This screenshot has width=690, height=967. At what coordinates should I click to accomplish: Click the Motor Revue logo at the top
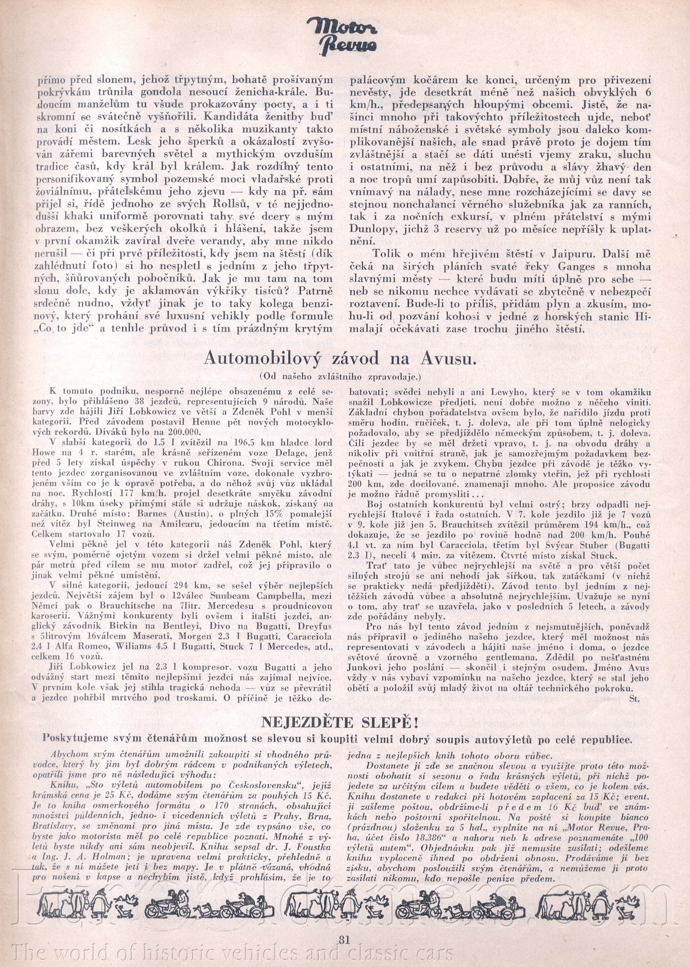343,37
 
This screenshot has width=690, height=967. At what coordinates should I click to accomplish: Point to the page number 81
345,939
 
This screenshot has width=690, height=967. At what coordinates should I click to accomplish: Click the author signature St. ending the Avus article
635,699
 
